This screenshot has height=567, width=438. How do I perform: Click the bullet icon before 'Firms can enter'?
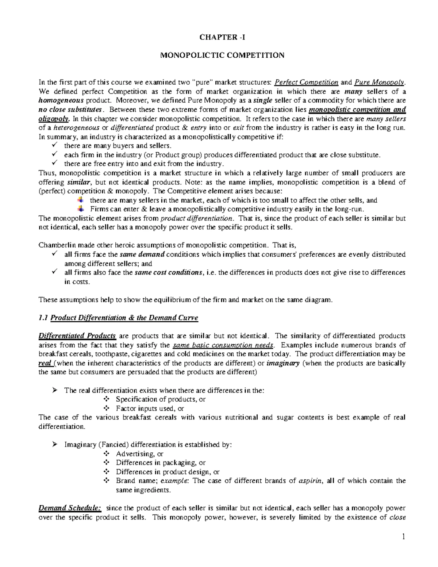click(x=81, y=209)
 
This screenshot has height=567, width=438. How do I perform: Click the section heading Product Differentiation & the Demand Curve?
click(x=124, y=318)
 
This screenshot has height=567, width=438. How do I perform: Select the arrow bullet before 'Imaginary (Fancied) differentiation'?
click(x=54, y=445)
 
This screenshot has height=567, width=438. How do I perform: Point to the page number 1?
click(x=403, y=537)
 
